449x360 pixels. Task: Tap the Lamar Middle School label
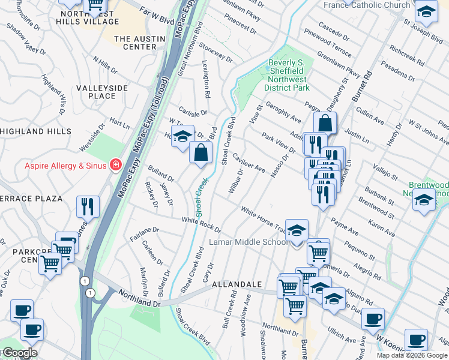249,242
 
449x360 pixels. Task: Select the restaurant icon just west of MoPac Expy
88,206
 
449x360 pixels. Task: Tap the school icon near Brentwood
424,200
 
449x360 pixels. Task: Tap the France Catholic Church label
367,5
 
